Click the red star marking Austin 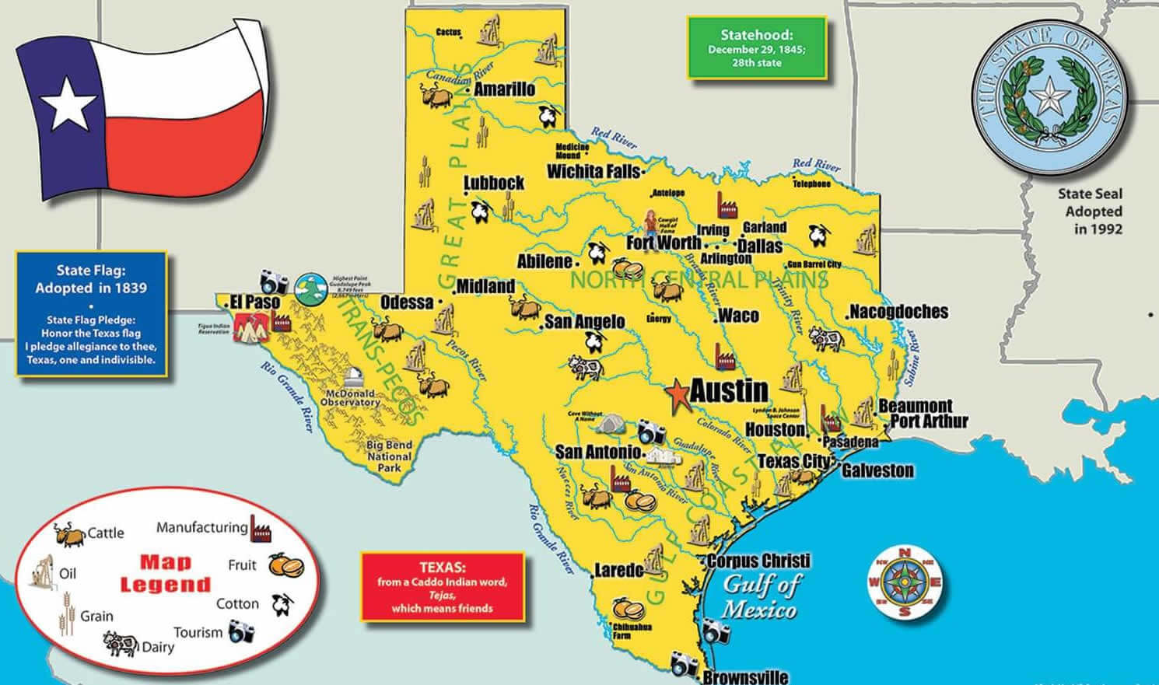point(678,395)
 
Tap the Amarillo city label point(504,89)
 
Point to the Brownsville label point(745,676)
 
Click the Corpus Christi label point(758,561)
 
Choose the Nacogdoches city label point(898,312)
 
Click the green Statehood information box point(755,48)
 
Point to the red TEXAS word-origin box point(442,587)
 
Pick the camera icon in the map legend point(242,632)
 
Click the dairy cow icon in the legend point(121,643)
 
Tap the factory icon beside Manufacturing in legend point(260,528)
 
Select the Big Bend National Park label point(389,456)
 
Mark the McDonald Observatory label point(350,398)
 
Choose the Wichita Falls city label point(594,171)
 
